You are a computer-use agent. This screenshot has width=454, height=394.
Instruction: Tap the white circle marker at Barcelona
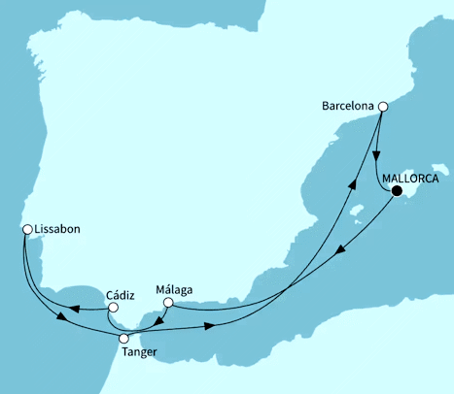[384, 108]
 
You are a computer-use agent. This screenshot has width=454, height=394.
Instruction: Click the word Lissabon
[57, 229]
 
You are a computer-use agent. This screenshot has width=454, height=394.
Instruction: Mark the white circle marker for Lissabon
[27, 230]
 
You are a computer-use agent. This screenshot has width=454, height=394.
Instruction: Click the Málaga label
[175, 288]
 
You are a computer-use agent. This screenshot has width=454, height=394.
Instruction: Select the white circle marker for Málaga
[167, 304]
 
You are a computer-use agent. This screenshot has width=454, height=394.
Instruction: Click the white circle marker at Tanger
[123, 339]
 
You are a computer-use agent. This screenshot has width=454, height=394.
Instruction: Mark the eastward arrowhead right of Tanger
[208, 328]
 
